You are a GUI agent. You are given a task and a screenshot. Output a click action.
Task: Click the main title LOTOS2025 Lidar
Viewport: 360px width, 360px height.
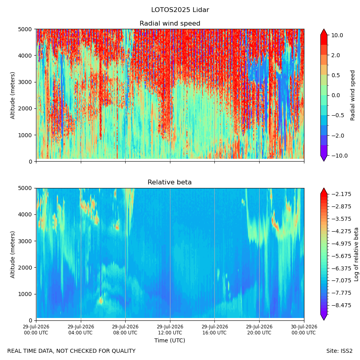pyautogui.click(x=180, y=10)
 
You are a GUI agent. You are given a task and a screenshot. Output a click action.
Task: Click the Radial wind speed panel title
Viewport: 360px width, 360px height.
pyautogui.click(x=170, y=24)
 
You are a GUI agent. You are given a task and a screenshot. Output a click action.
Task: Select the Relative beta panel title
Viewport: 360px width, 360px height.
pyautogui.click(x=170, y=182)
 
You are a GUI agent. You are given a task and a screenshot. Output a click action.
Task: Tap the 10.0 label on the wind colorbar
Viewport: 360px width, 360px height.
pyautogui.click(x=337, y=35)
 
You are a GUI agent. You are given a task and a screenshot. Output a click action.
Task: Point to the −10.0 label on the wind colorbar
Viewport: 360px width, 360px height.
pyautogui.click(x=340, y=156)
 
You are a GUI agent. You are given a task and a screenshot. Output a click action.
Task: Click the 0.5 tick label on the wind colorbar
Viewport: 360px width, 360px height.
pyautogui.click(x=336, y=75)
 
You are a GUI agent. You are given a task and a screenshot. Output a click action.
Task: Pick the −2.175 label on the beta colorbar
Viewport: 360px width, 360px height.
pyautogui.click(x=342, y=194)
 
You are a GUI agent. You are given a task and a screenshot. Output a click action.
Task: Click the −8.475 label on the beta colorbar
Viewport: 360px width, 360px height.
pyautogui.click(x=342, y=305)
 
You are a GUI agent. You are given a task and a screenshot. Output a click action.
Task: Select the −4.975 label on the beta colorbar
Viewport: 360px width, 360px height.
pyautogui.click(x=342, y=244)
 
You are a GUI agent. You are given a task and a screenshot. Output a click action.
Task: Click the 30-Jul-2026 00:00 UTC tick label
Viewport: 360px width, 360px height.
pyautogui.click(x=304, y=330)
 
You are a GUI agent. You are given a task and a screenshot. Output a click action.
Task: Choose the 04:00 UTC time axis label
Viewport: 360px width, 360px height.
pyautogui.click(x=80, y=333)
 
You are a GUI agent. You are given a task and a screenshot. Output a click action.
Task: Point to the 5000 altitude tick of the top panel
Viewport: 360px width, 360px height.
pyautogui.click(x=25, y=29)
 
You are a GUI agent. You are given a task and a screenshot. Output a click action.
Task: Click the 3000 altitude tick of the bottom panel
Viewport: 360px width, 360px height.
pyautogui.click(x=25, y=241)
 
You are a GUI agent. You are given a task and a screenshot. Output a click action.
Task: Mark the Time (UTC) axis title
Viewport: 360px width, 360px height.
pyautogui.click(x=170, y=340)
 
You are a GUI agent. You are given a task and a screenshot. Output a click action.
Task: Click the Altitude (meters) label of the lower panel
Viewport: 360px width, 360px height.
pyautogui.click(x=12, y=254)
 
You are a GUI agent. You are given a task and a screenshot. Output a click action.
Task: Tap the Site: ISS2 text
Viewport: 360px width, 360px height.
pyautogui.click(x=339, y=351)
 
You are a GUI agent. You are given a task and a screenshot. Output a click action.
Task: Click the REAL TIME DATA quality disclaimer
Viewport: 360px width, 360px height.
pyautogui.click(x=72, y=351)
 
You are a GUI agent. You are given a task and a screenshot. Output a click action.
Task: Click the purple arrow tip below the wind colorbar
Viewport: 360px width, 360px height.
pyautogui.click(x=324, y=161)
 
